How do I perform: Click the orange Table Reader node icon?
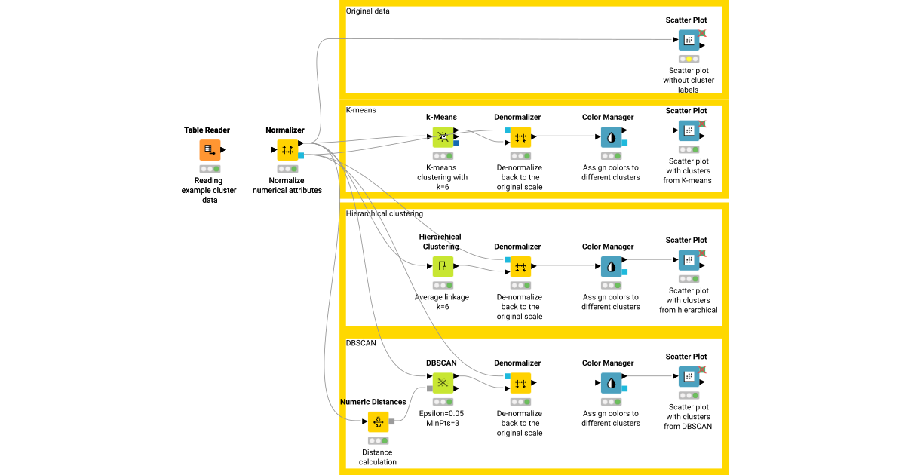tap(210, 149)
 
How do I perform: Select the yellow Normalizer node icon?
tap(287, 149)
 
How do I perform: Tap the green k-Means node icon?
tap(443, 136)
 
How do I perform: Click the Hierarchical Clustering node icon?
tap(443, 266)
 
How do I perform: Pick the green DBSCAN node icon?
tap(443, 383)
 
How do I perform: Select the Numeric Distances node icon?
tap(378, 421)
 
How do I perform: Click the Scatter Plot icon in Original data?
tap(689, 40)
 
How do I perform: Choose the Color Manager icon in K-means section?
tap(612, 136)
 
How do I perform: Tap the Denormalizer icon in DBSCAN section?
tap(520, 383)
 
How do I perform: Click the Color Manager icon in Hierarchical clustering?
tap(612, 266)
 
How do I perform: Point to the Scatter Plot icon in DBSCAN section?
tap(689, 376)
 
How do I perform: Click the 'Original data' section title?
tap(368, 11)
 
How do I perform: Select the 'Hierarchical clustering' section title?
tap(385, 213)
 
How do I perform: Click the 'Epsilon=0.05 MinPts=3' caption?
tap(442, 418)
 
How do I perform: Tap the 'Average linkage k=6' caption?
tap(442, 302)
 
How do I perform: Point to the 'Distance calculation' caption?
tap(378, 457)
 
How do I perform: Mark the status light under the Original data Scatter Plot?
tap(689, 59)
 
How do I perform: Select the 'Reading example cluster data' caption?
tap(210, 190)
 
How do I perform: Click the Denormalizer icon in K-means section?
tap(520, 136)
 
